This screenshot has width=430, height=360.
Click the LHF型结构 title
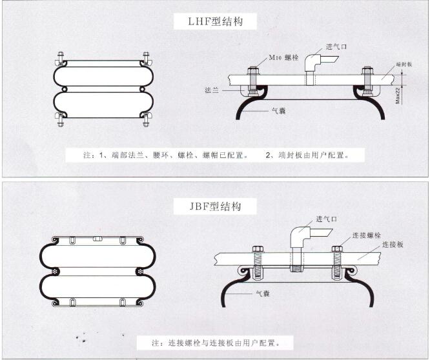tap(216, 22)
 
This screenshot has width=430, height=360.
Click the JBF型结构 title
tap(216, 206)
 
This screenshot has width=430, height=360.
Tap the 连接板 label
tap(393, 245)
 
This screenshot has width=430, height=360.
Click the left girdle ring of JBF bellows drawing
tap(55, 273)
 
